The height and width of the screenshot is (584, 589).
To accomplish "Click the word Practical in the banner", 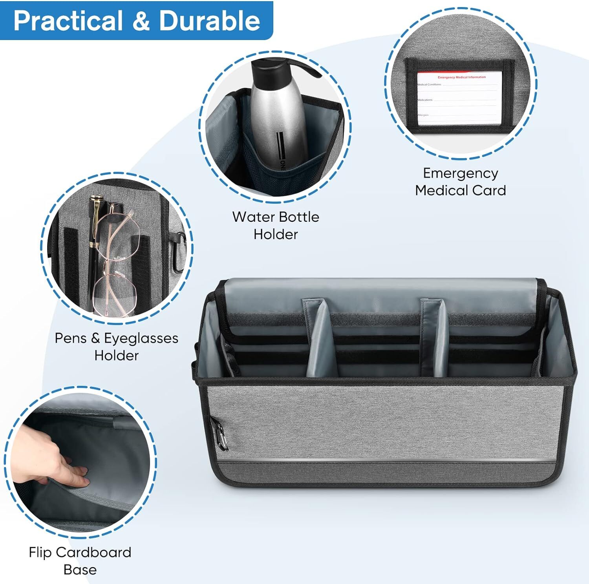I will click(68, 20).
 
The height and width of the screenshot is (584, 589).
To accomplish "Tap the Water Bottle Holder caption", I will click(275, 225).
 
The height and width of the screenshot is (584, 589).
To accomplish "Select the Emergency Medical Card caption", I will click(460, 181).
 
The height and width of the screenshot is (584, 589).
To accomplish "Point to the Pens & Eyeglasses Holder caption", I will click(116, 347).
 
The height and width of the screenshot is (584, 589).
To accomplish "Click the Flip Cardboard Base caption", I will click(80, 560).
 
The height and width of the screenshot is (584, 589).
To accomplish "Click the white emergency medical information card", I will click(459, 98).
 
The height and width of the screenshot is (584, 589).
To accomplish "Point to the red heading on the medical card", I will click(461, 77).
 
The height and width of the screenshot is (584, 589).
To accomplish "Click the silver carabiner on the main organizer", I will click(220, 436).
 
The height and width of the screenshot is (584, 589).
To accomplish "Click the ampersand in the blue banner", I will click(140, 20).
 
